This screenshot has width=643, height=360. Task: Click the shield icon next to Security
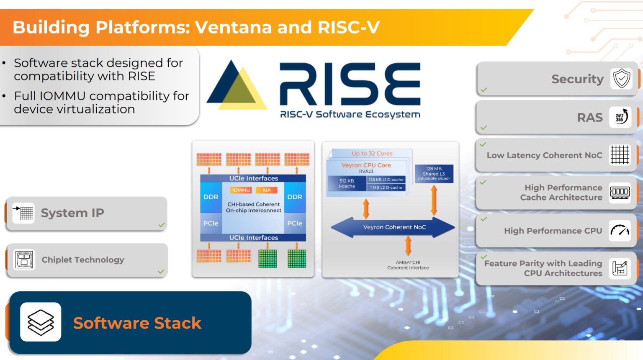621,78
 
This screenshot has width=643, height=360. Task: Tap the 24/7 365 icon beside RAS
620,117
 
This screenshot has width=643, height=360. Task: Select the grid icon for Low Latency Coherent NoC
620,155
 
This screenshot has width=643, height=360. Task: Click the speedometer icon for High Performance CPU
620,230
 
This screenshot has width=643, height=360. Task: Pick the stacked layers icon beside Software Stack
41,322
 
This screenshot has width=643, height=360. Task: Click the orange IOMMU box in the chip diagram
241,190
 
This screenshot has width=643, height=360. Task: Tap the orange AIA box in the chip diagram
266,190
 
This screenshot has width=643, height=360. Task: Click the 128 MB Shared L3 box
434,173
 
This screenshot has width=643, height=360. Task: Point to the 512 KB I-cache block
347,183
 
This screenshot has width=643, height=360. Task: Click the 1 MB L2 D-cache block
386,188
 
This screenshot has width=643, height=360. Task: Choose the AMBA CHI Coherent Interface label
408,265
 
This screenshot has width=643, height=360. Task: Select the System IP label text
72,213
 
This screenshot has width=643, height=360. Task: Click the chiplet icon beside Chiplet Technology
24,260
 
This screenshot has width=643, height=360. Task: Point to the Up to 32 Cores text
372,154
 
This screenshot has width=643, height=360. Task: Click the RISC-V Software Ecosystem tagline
350,114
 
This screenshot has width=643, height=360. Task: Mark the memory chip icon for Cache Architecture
620,193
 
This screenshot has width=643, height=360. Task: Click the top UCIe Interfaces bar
253,178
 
